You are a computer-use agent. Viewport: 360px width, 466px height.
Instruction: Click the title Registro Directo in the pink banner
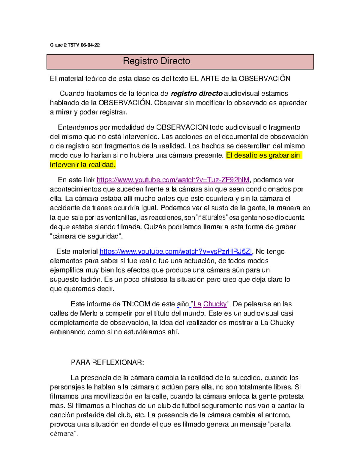coord(156,61)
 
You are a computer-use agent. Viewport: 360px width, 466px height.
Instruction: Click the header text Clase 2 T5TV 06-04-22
coord(75,45)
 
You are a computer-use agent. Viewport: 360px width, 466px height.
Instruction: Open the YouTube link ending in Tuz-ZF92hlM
coord(173,180)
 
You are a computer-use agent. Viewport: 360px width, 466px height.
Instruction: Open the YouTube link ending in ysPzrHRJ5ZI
coord(176,251)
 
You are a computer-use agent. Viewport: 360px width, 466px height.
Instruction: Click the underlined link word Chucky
coord(215,304)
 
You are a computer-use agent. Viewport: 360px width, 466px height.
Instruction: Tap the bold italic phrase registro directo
coord(196,94)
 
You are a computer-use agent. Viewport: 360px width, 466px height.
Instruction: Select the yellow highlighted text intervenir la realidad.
coord(82,165)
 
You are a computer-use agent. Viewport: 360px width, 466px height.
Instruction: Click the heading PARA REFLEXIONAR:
coord(107,362)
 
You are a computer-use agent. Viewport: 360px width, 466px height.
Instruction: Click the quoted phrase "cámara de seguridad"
coord(86,236)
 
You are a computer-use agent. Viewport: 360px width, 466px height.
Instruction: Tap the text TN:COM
coord(136,304)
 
